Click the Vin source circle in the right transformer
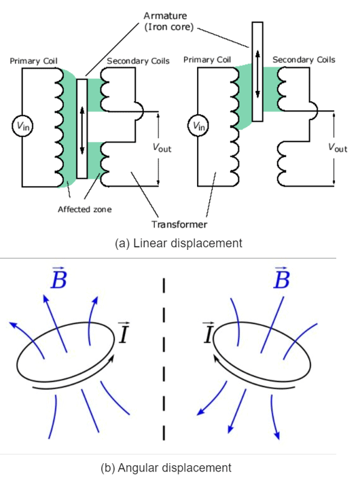[197, 125]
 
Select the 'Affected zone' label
[84, 209]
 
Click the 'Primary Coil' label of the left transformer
[33, 61]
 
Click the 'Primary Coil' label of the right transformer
[207, 60]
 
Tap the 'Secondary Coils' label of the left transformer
[137, 61]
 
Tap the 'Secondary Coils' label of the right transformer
[304, 60]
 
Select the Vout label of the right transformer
[337, 147]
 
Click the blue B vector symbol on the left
[59, 278]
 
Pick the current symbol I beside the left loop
[124, 333]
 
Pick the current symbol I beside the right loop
[209, 333]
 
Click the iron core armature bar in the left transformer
[82, 128]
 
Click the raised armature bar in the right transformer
[257, 71]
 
